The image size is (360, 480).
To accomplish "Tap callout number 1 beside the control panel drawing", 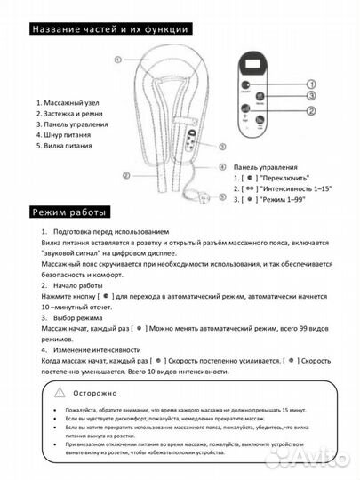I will coord(312,85).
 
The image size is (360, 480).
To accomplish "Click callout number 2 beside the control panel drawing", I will coord(312,110).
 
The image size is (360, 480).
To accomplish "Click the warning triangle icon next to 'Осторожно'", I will coord(58,390).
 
